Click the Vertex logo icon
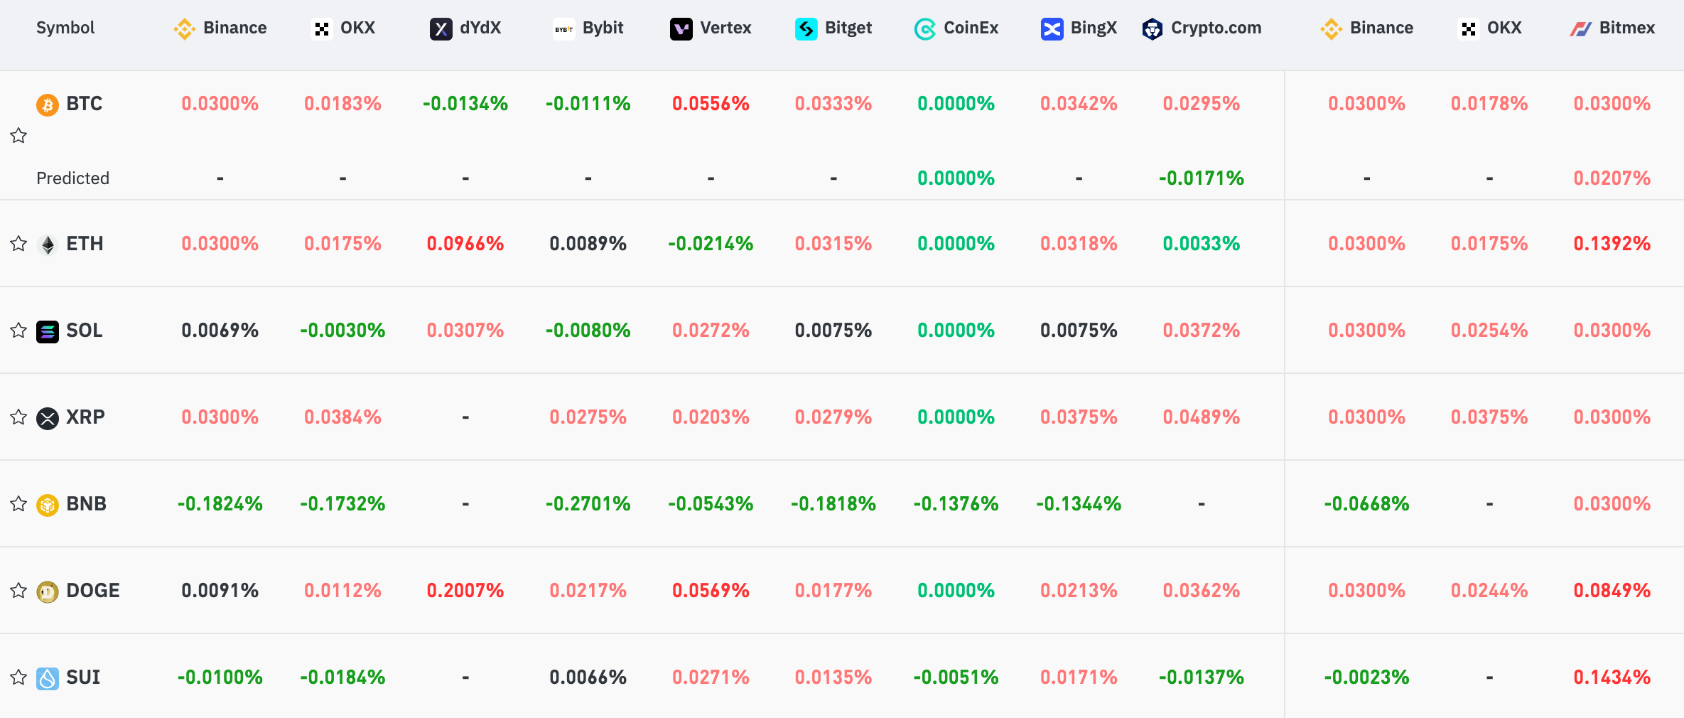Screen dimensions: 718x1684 [681, 29]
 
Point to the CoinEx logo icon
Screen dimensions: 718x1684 [924, 29]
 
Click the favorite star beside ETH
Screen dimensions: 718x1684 [18, 244]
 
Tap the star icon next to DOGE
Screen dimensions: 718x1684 [18, 591]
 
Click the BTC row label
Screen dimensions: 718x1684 [84, 104]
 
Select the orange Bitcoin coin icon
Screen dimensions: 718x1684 [48, 105]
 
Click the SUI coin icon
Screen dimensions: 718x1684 [48, 678]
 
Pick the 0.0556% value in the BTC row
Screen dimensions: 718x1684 [711, 104]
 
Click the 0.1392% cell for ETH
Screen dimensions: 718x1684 [1612, 244]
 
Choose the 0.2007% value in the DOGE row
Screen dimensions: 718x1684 [465, 591]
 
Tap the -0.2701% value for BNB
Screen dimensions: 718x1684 [588, 504]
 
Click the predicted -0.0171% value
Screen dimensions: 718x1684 [1201, 178]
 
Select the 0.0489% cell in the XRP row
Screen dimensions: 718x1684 [1201, 417]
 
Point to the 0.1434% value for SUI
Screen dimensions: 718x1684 [1612, 677]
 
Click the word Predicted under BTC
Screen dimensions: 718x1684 [72, 178]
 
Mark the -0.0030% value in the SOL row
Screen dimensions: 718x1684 [342, 331]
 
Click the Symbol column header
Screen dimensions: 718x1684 [65, 28]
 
